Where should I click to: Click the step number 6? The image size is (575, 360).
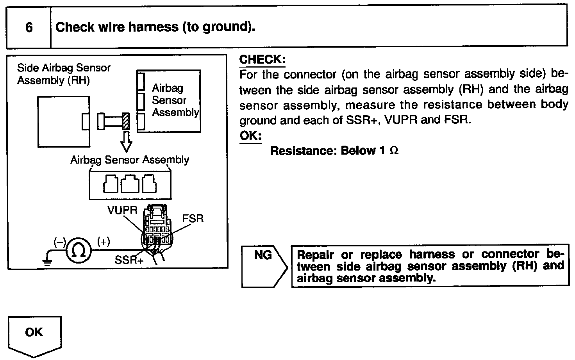click(29, 28)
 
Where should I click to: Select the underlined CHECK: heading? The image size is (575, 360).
click(262, 60)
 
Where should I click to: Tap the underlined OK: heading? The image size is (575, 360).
click(250, 136)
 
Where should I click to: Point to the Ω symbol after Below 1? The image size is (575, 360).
click(394, 151)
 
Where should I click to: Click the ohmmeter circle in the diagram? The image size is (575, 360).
click(79, 251)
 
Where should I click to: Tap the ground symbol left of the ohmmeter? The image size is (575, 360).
click(48, 261)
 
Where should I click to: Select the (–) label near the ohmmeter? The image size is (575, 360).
click(60, 242)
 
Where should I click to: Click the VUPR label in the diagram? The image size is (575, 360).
click(122, 210)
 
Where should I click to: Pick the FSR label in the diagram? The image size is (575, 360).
click(193, 218)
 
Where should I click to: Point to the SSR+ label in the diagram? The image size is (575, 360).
click(129, 260)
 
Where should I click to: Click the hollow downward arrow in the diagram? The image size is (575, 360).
click(126, 142)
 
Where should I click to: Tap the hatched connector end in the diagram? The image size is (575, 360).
click(126, 121)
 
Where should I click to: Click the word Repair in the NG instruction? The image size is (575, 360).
click(316, 255)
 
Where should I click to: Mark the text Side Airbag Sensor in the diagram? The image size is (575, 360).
click(64, 68)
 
